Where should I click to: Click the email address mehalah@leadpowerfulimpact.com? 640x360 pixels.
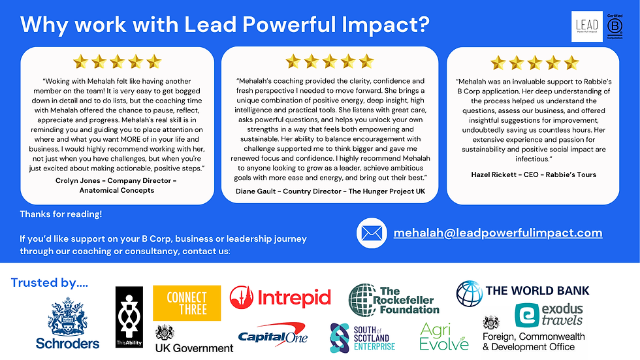(x=498, y=233)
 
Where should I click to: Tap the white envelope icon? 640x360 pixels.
(x=372, y=233)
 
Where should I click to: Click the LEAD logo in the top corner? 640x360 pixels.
(x=587, y=27)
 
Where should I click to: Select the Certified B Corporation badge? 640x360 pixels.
(x=615, y=27)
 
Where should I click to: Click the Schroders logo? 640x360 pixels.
(x=68, y=323)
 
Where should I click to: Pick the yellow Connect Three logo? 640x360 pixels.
(x=187, y=303)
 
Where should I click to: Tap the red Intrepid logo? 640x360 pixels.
(x=280, y=297)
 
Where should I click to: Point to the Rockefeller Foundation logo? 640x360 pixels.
(x=394, y=300)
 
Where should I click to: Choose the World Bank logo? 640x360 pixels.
(x=523, y=293)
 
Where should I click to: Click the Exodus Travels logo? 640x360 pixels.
(x=549, y=315)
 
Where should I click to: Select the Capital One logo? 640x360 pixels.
(x=273, y=335)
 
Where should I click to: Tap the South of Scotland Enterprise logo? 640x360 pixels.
(x=362, y=338)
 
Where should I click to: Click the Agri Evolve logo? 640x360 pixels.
(x=444, y=337)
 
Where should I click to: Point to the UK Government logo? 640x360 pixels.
(x=195, y=339)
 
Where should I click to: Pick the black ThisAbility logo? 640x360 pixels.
(x=129, y=317)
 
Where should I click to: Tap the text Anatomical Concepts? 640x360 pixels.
(x=117, y=190)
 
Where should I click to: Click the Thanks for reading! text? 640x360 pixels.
(x=61, y=214)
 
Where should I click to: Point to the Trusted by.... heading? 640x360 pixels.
(x=50, y=283)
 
